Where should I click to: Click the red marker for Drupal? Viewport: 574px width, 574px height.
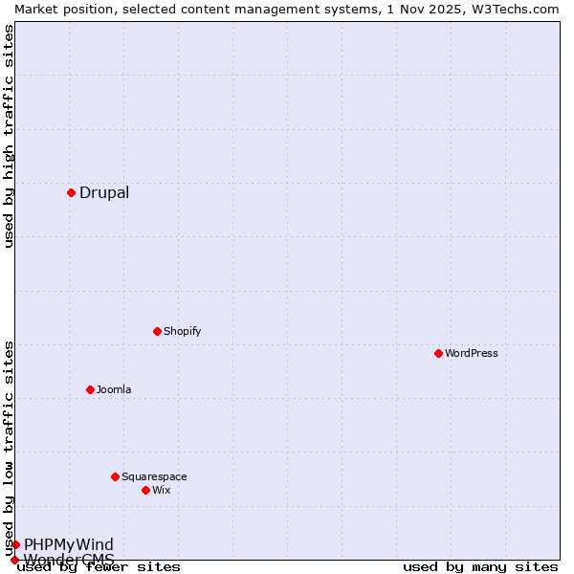click(71, 192)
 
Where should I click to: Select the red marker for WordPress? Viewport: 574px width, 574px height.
click(438, 353)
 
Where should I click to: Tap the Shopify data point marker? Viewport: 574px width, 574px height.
click(157, 331)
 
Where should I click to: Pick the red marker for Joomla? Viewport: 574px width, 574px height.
click(90, 389)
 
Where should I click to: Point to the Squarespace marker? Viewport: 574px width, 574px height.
click(115, 476)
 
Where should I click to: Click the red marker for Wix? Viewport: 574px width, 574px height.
click(145, 490)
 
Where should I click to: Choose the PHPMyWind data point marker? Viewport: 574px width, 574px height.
click(15, 544)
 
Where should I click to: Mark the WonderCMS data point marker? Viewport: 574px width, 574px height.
click(14, 560)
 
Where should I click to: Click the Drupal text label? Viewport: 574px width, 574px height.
click(104, 192)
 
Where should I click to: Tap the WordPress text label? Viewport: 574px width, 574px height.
click(472, 353)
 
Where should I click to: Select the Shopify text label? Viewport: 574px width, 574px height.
click(182, 331)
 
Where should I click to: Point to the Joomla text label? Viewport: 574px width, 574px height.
click(114, 389)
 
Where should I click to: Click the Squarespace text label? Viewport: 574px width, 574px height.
click(154, 476)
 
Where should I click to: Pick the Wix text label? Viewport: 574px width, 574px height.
click(161, 490)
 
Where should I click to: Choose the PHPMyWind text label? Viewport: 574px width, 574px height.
click(69, 544)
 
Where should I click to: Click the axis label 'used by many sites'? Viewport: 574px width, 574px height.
click(480, 567)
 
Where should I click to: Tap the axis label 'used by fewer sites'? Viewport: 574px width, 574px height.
click(99, 567)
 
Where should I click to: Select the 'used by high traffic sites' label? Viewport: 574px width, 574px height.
click(9, 136)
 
